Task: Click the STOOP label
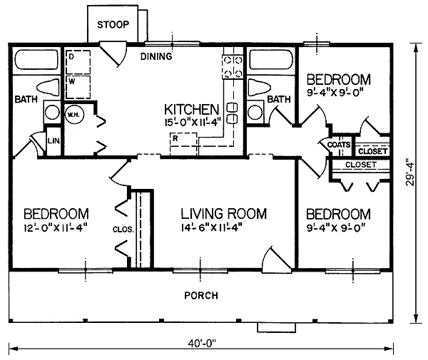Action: click(113, 25)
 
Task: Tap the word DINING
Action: click(156, 56)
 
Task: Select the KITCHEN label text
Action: click(190, 109)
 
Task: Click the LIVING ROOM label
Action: click(223, 214)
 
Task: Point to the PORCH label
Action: click(201, 295)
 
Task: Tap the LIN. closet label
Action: click(53, 141)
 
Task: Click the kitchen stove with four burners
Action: click(231, 66)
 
